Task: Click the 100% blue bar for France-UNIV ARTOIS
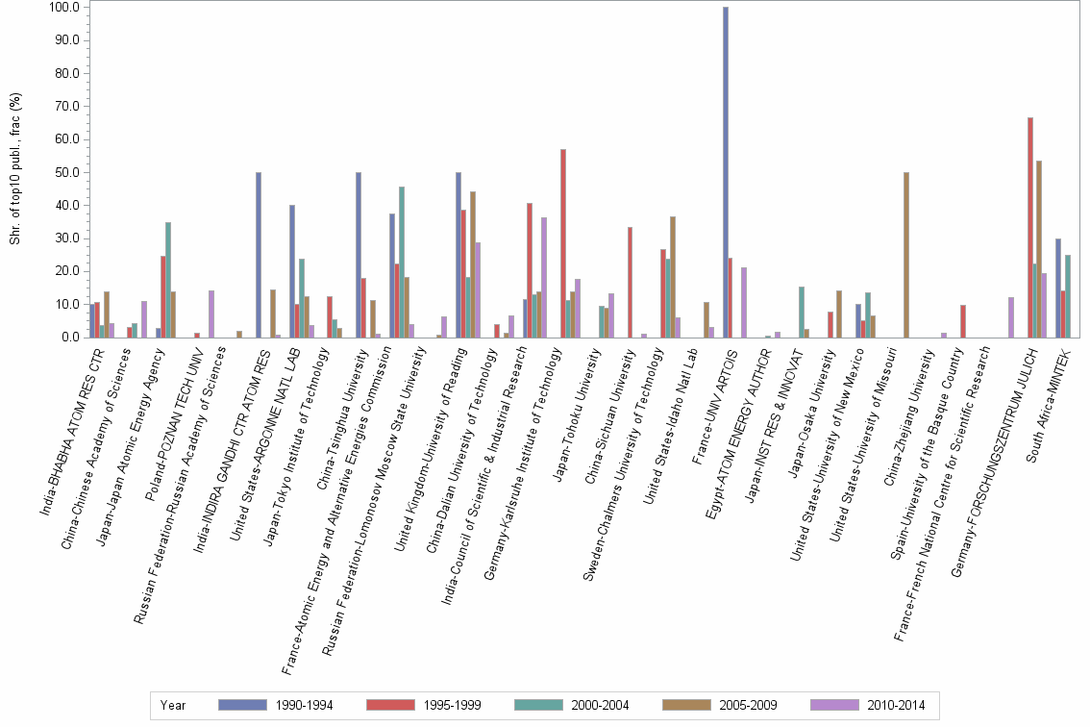726,173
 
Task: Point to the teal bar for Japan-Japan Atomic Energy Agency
168,280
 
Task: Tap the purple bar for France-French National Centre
1011,317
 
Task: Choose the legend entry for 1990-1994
275,705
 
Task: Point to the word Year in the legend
174,705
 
